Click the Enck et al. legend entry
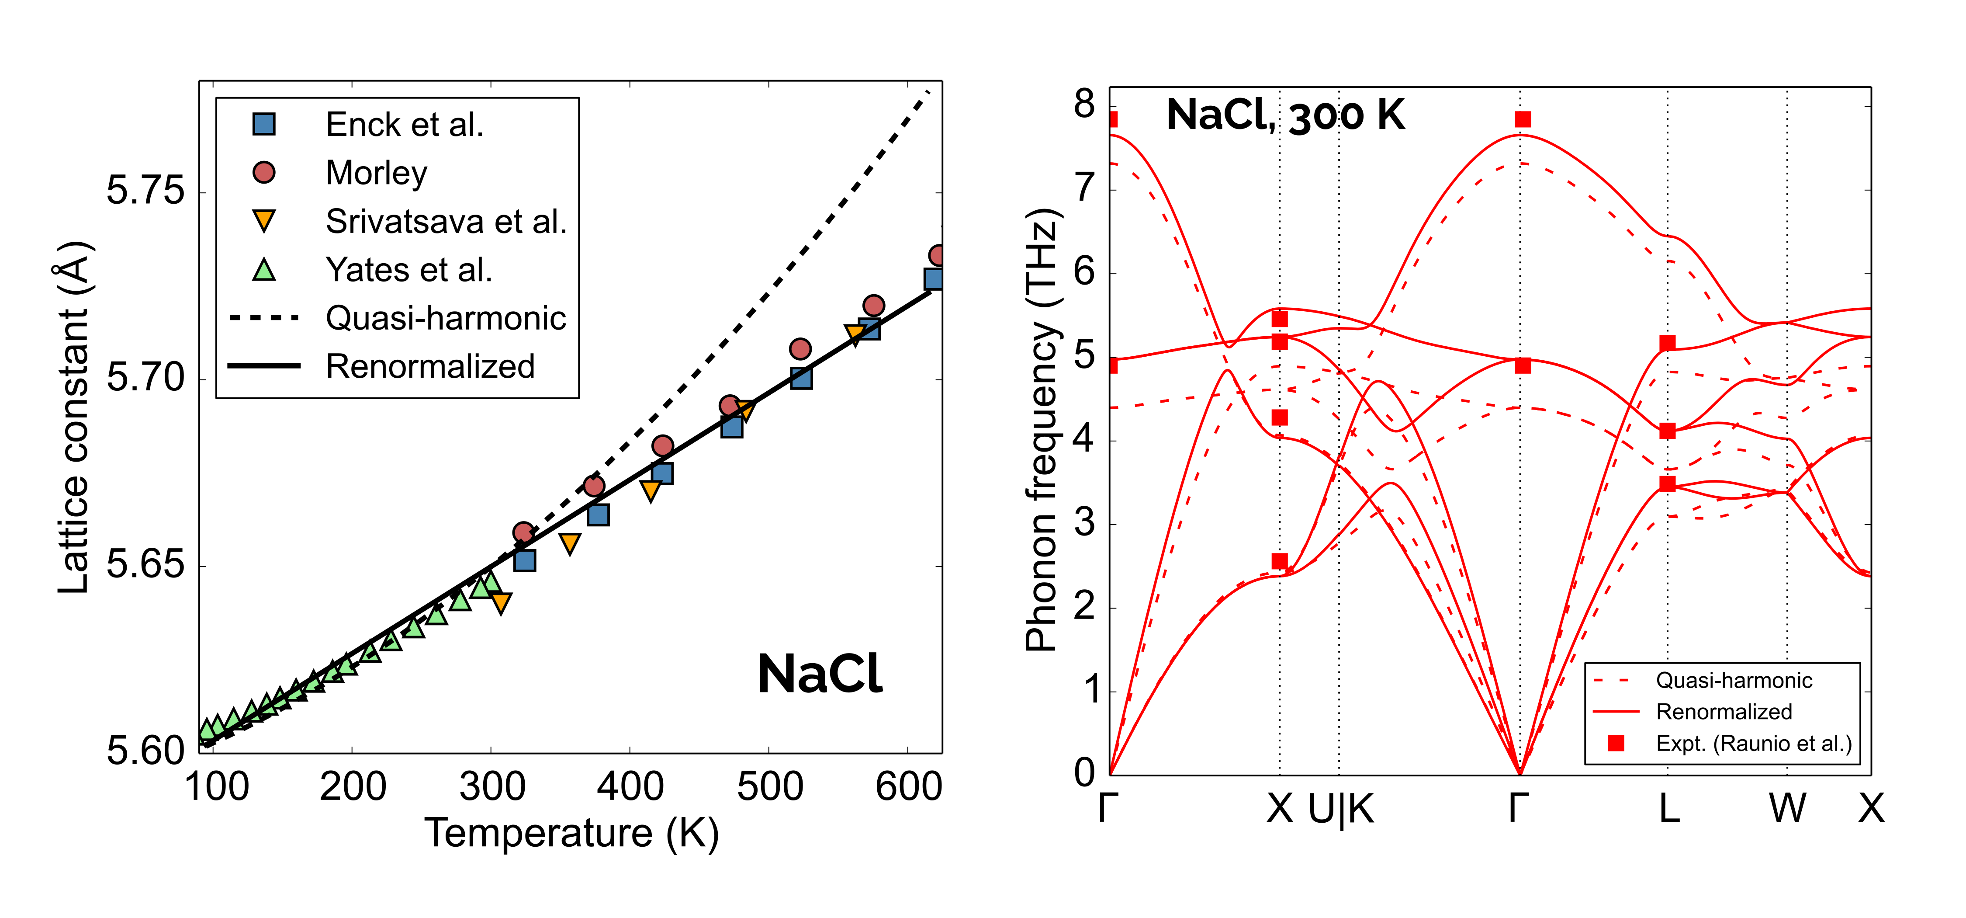pos(405,125)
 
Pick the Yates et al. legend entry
pos(408,270)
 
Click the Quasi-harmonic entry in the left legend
pos(446,318)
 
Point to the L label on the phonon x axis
pos(1668,808)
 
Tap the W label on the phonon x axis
pos(1787,808)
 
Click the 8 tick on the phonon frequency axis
pos(1084,104)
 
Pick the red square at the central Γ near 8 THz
pos(1523,119)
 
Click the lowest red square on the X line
pos(1280,561)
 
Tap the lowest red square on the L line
pos(1668,483)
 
